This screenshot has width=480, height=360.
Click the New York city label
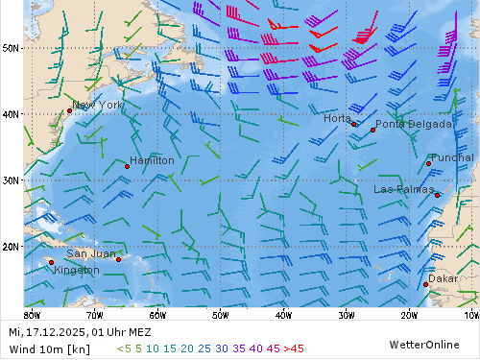[x=98, y=105]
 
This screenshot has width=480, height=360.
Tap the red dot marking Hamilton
[x=127, y=166]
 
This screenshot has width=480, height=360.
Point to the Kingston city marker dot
[x=52, y=262]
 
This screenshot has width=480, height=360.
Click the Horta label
[x=337, y=118]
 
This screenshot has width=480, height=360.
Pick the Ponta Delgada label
[x=413, y=124]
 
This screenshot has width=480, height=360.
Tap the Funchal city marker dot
[x=429, y=163]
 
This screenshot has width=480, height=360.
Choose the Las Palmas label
[x=404, y=189]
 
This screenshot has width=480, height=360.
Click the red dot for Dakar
[x=426, y=284]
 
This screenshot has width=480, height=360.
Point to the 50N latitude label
[x=12, y=46]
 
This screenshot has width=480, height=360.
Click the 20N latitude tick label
[x=12, y=246]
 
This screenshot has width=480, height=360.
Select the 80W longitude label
[x=32, y=314]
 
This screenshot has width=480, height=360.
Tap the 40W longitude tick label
[x=283, y=314]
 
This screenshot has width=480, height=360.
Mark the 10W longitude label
[x=470, y=314]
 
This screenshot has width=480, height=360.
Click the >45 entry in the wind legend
[x=293, y=348]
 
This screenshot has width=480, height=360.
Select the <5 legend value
[x=123, y=348]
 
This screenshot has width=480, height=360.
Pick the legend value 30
[x=222, y=348]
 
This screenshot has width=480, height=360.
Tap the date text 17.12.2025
[x=55, y=332]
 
